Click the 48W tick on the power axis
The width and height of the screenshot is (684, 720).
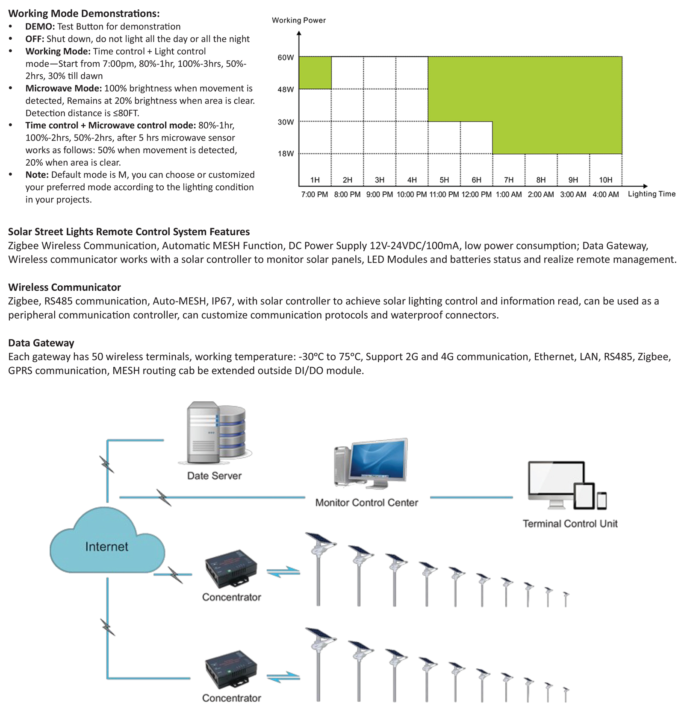click(x=286, y=89)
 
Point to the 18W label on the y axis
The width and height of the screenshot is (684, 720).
click(x=286, y=154)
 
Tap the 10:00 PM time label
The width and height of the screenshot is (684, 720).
click(x=412, y=195)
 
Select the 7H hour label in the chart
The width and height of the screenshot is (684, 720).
click(x=509, y=180)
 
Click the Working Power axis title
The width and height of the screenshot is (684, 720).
click(x=299, y=20)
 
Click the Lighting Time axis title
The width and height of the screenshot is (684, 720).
click(x=652, y=194)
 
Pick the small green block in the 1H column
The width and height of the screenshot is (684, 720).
click(x=315, y=73)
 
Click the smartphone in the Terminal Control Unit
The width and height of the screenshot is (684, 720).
click(x=601, y=500)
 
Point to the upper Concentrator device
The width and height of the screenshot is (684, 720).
click(x=232, y=569)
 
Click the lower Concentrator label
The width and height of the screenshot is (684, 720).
click(x=232, y=698)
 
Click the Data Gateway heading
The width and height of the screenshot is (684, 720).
click(x=41, y=343)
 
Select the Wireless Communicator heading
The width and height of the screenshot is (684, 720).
click(x=65, y=287)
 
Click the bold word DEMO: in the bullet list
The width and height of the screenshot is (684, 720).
click(x=40, y=26)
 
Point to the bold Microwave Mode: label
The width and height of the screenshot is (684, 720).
click(x=64, y=88)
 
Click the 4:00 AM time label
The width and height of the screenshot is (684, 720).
click(x=605, y=195)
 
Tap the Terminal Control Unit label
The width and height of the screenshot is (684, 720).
click(x=570, y=524)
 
